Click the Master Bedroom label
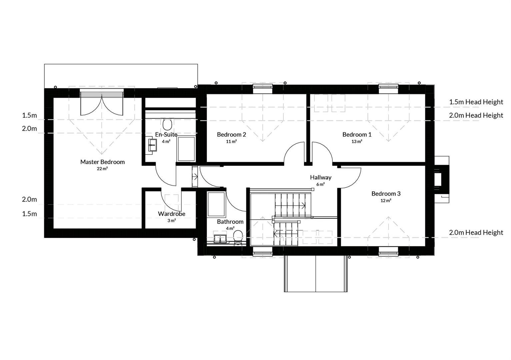click(x=102, y=162)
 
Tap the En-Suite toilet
click(x=167, y=125)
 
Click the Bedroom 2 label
click(x=231, y=135)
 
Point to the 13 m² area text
click(x=357, y=141)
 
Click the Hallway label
click(x=321, y=177)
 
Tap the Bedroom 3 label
click(x=386, y=194)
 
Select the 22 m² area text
click(x=102, y=169)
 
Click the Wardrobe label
click(x=172, y=214)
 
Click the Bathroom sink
click(x=220, y=239)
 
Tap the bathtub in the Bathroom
click(x=216, y=204)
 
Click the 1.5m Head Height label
click(x=476, y=102)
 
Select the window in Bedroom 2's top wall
click(x=263, y=89)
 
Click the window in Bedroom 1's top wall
click(x=388, y=89)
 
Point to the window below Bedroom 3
click(x=388, y=251)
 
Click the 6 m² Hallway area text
click(x=321, y=184)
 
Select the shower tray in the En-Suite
click(x=186, y=149)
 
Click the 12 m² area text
click(x=386, y=201)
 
